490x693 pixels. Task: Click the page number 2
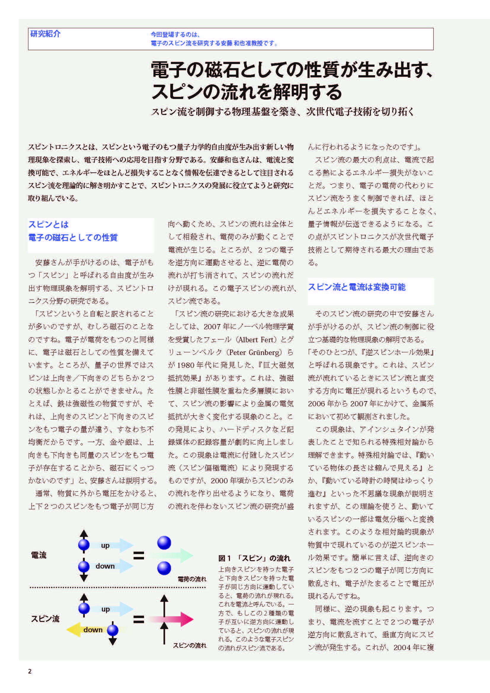point(30,671)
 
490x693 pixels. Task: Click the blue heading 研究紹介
point(45,34)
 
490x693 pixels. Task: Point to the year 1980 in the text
point(185,365)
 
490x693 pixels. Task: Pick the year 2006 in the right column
point(316,404)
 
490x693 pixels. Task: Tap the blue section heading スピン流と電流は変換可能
point(357,287)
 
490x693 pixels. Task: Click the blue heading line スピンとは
point(49,224)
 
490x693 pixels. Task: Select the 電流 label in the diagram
point(39,555)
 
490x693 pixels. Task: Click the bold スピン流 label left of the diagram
point(45,619)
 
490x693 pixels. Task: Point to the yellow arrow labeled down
point(81,630)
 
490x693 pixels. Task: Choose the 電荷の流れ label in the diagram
point(192,579)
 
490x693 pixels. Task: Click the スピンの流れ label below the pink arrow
point(190,645)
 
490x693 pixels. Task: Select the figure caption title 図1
point(225,558)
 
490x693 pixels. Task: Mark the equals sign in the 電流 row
point(138,555)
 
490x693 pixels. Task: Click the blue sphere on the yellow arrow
point(113,630)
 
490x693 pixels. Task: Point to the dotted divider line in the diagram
point(118,587)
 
